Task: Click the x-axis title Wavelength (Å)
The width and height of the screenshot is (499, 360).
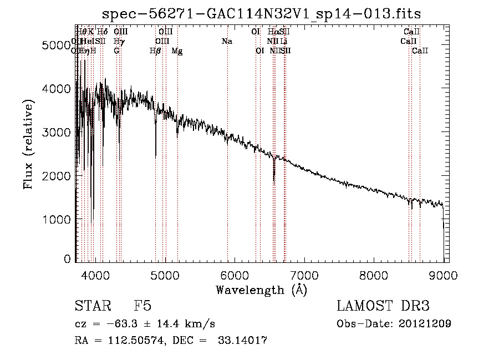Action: pyautogui.click(x=262, y=290)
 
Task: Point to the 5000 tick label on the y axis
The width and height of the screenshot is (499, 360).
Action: pyautogui.click(x=57, y=45)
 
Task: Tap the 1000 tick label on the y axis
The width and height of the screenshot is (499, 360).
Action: pyautogui.click(x=57, y=220)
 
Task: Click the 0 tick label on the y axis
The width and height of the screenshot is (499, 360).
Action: pyautogui.click(x=67, y=258)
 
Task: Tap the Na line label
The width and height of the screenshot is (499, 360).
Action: pyautogui.click(x=227, y=42)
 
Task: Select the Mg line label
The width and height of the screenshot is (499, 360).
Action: pyautogui.click(x=177, y=51)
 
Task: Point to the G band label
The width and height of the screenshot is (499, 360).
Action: pyautogui.click(x=117, y=51)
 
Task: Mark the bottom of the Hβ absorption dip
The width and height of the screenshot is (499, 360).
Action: pyautogui.click(x=156, y=158)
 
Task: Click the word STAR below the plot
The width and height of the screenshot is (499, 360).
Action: pyautogui.click(x=89, y=306)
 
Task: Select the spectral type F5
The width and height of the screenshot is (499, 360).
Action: pyautogui.click(x=142, y=306)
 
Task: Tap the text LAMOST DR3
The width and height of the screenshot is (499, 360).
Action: pyautogui.click(x=383, y=306)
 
